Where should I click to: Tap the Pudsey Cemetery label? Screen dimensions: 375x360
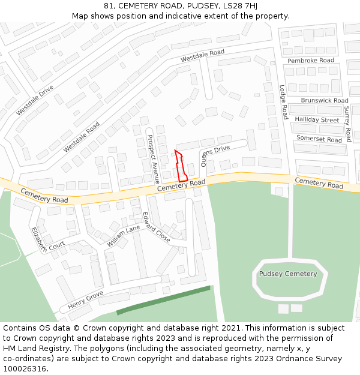coord(288,274)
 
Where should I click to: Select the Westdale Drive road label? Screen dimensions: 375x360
coord(35,100)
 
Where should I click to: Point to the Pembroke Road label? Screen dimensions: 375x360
coord(310,61)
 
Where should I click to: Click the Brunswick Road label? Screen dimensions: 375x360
coord(324,101)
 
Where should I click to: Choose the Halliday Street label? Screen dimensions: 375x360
coord(317,120)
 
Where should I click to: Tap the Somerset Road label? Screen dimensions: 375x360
coord(319,139)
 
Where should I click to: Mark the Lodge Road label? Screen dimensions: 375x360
coord(283,101)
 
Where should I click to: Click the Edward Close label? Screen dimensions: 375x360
coord(156,227)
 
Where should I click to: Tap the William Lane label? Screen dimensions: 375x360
coord(123,236)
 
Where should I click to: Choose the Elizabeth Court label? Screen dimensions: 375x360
coord(47,239)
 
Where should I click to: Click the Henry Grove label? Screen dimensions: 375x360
coord(85,300)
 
